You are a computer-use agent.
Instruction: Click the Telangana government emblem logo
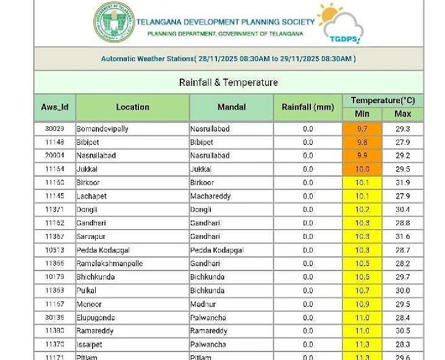tap(114, 22)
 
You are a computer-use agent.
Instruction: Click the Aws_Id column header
tap(55, 107)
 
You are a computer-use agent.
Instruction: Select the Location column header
tap(132, 107)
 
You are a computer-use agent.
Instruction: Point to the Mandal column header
tap(231, 107)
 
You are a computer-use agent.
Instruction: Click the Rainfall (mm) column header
tap(308, 107)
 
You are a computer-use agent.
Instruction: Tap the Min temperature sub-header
tap(362, 114)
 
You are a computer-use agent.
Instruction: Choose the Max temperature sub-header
tap(402, 114)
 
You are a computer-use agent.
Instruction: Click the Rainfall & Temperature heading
tap(228, 82)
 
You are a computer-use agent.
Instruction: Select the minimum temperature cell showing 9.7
tap(362, 129)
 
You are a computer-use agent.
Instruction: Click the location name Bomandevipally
tap(102, 129)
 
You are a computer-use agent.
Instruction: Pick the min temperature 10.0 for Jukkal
tap(362, 169)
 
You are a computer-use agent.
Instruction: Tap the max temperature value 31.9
tap(402, 183)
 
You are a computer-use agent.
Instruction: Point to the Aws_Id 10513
tap(54, 250)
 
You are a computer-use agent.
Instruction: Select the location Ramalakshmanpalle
tap(110, 263)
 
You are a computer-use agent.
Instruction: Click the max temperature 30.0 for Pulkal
tap(402, 291)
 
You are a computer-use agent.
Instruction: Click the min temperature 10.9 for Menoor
tap(362, 304)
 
